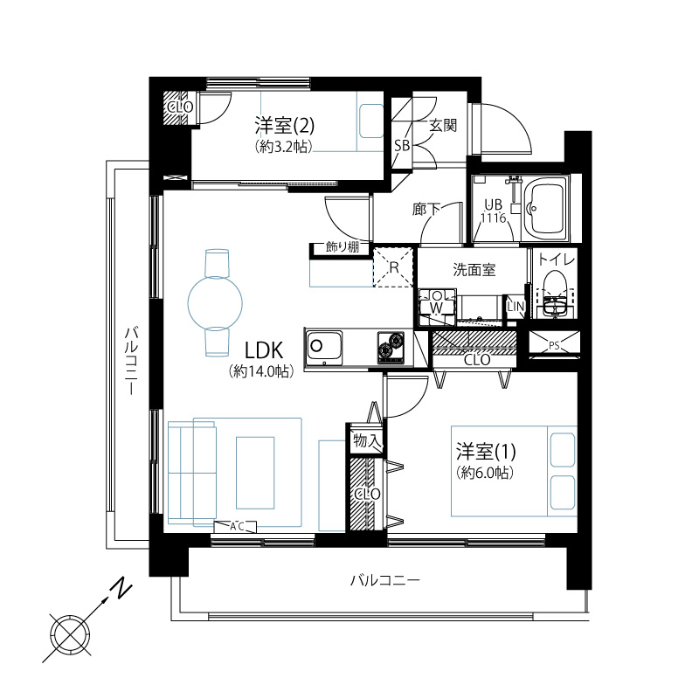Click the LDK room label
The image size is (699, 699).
tap(264, 350)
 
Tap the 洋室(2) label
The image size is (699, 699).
tap(285, 125)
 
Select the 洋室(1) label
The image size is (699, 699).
tap(486, 452)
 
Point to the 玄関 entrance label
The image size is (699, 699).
tap(443, 126)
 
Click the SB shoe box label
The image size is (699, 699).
tap(402, 145)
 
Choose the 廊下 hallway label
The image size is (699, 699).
tap(426, 209)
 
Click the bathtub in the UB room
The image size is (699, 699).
tap(546, 209)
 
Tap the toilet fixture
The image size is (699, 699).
tap(555, 294)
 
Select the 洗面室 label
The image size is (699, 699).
tap(474, 270)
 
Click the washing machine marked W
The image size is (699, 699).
tap(437, 301)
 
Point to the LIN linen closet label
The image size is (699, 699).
tap(516, 307)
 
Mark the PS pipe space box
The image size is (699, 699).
tap(554, 343)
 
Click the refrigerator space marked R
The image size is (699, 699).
tap(392, 266)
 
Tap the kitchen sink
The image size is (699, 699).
tap(323, 348)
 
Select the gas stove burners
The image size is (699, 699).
tap(391, 347)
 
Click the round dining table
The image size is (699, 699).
tap(215, 303)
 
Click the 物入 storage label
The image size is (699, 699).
tap(366, 441)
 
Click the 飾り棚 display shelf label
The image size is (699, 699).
tap(343, 247)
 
